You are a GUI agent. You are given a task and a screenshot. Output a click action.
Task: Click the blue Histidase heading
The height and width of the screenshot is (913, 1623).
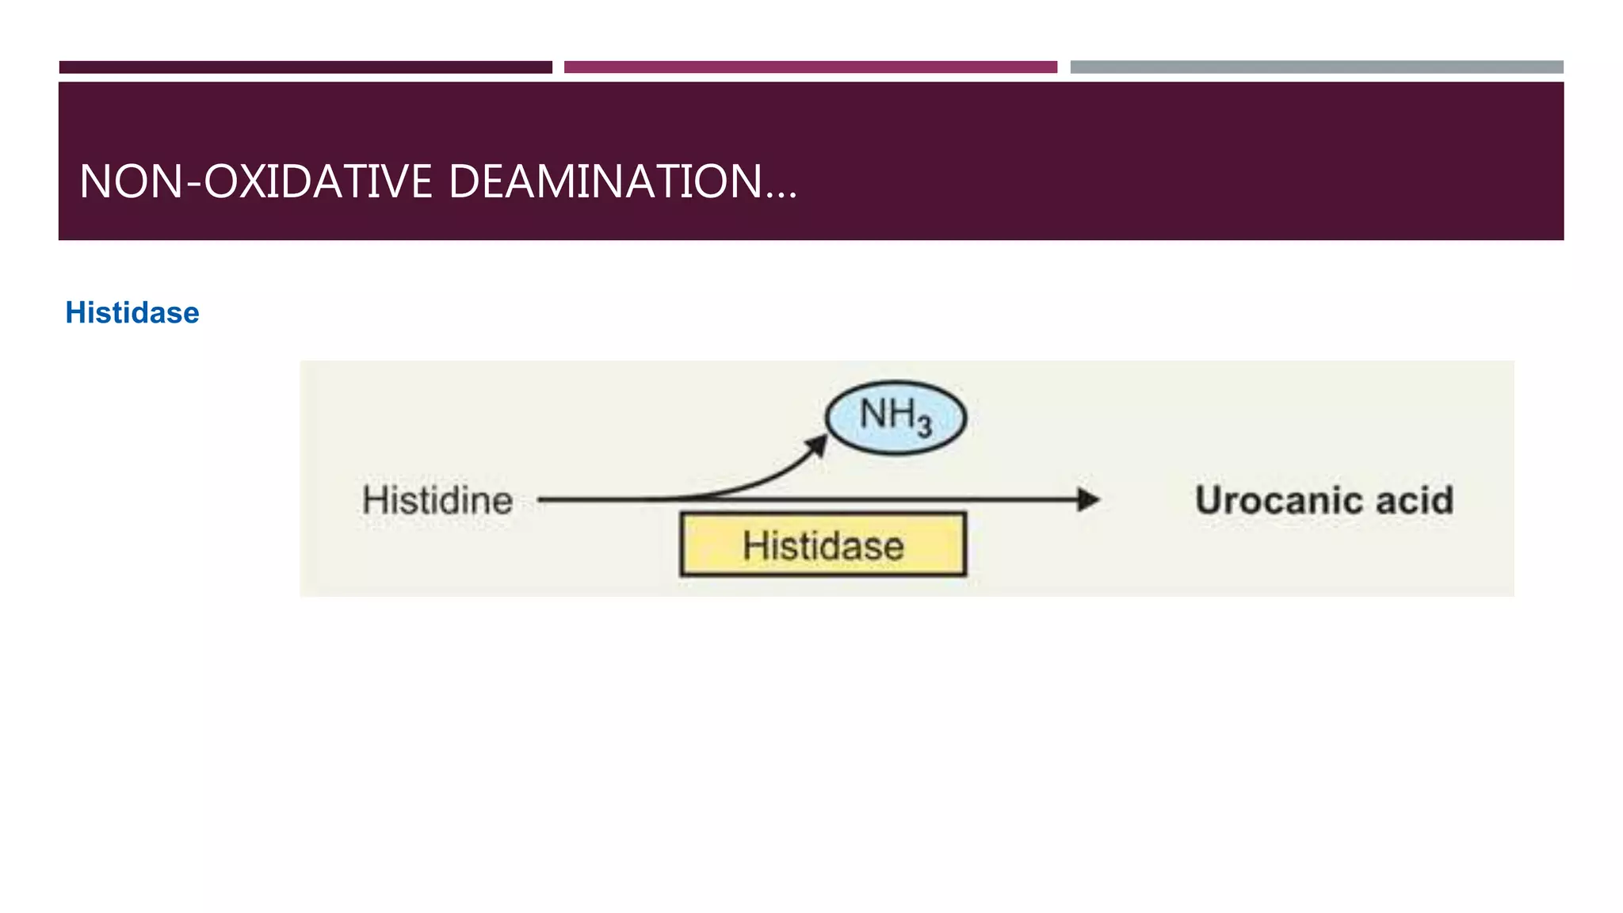[x=132, y=313]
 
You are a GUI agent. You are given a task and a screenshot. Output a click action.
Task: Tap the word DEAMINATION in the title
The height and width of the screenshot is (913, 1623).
[x=605, y=181]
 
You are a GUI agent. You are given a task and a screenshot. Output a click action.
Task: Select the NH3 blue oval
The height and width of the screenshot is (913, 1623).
[x=896, y=418]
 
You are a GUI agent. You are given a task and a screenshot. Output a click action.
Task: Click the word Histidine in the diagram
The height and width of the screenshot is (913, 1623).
[x=437, y=501]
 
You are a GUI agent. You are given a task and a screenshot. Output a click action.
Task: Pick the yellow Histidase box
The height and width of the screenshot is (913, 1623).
[x=823, y=545]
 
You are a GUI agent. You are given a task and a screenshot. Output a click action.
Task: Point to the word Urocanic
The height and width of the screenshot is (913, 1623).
[x=1277, y=501]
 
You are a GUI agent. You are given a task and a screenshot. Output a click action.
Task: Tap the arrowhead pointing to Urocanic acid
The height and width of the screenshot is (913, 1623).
[x=1089, y=500]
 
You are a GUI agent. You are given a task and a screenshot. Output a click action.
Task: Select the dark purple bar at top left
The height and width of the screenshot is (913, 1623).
[x=306, y=67]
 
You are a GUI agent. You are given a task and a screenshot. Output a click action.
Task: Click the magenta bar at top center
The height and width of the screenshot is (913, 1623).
[x=810, y=67]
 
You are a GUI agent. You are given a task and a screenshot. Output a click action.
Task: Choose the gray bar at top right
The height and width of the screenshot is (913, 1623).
[x=1316, y=67]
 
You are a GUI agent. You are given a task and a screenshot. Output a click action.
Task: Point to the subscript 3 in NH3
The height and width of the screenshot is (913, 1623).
[x=924, y=428]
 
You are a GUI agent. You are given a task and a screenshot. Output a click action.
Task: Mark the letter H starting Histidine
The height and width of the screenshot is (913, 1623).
[x=375, y=501]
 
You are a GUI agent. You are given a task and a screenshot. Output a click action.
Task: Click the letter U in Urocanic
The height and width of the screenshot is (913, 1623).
[x=1209, y=501]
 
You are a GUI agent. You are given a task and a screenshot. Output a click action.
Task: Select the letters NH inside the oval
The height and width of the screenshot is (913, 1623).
[x=887, y=414]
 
